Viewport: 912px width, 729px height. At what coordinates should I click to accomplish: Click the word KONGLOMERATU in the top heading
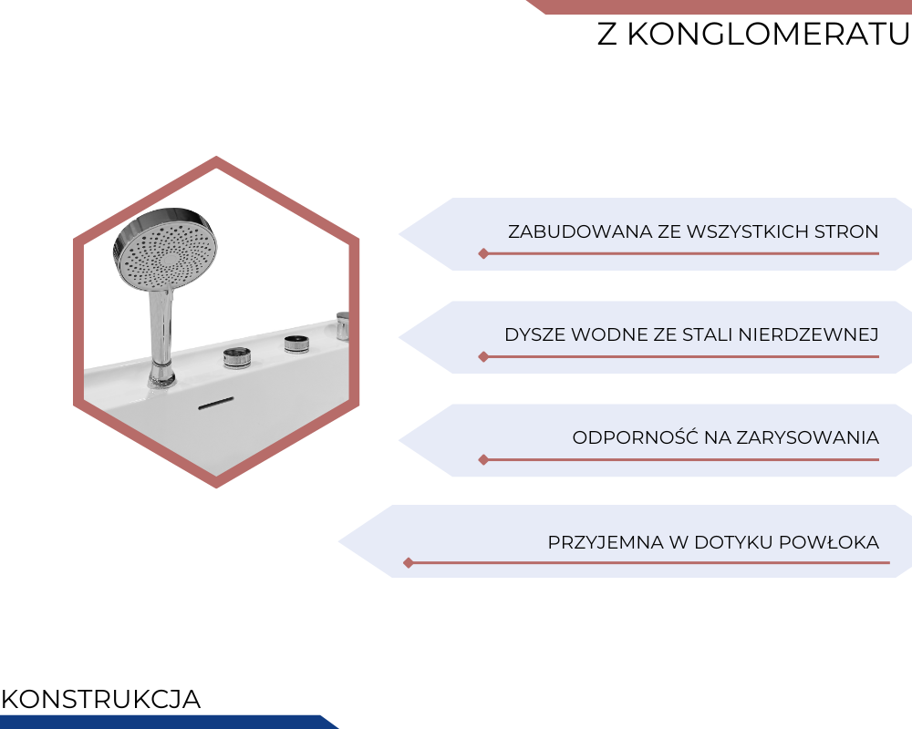pyautogui.click(x=768, y=35)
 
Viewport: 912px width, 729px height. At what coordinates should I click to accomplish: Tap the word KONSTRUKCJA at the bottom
pyautogui.click(x=101, y=699)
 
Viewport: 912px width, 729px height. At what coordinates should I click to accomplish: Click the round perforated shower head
pyautogui.click(x=164, y=248)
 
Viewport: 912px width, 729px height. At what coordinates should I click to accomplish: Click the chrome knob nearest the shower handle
pyautogui.click(x=237, y=357)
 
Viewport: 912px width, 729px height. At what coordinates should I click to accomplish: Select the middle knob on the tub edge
pyautogui.click(x=296, y=344)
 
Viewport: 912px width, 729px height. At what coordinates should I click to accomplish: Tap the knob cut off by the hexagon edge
pyautogui.click(x=343, y=324)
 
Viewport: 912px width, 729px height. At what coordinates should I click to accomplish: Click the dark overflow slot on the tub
pyautogui.click(x=216, y=403)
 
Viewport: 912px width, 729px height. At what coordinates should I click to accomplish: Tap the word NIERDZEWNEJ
pyautogui.click(x=808, y=334)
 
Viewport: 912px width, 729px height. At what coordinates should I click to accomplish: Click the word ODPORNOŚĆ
pyautogui.click(x=635, y=436)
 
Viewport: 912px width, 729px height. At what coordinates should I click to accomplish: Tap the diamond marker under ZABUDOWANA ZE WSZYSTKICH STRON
pyautogui.click(x=483, y=253)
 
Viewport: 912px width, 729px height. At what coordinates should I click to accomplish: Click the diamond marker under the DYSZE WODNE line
pyautogui.click(x=483, y=357)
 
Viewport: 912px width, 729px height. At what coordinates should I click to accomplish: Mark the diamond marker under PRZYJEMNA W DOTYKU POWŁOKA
pyautogui.click(x=409, y=563)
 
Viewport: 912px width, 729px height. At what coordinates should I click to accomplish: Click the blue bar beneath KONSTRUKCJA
pyautogui.click(x=169, y=722)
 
